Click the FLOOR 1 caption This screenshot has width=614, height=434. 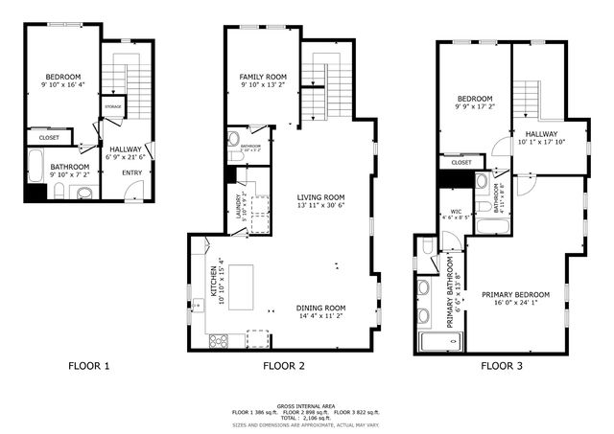pos(89,366)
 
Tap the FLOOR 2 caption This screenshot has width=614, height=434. pos(284,366)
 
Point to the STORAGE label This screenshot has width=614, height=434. pos(113,105)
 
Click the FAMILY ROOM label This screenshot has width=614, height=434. pos(264,77)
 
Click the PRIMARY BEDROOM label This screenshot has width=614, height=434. pos(516,294)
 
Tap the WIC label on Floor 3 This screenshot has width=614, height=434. pos(456,212)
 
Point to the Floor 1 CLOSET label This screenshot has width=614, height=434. pos(49,138)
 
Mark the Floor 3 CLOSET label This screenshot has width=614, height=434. pos(461,163)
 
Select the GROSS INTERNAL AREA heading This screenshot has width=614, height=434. pos(306,405)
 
